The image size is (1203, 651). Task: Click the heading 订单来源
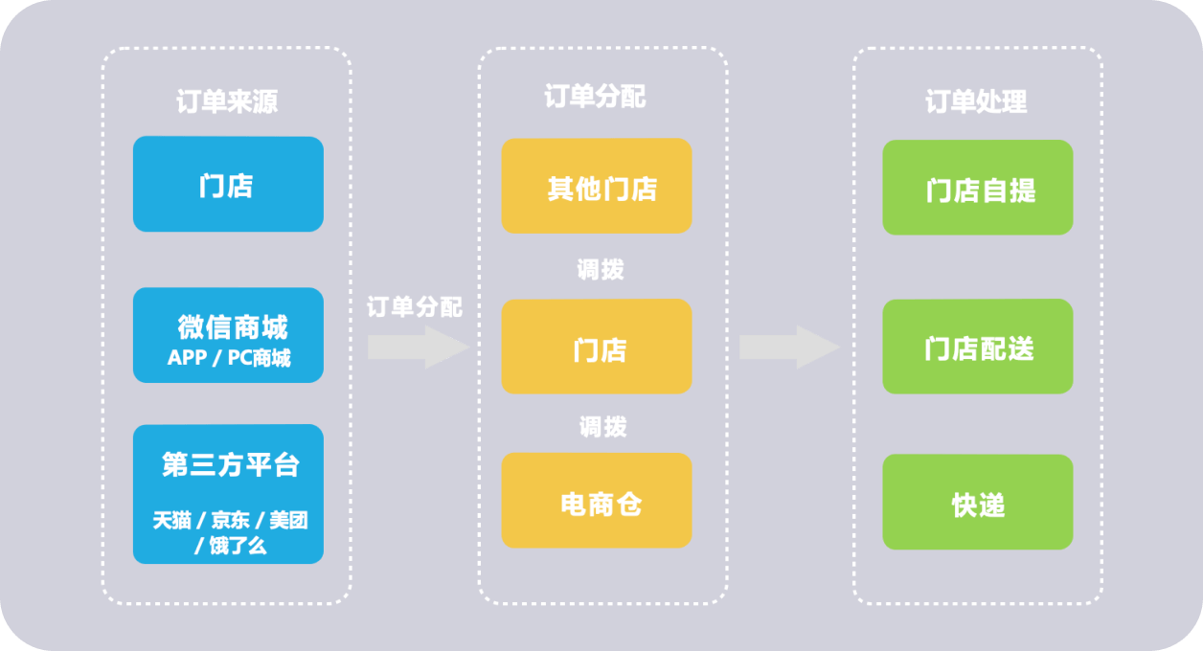tap(227, 101)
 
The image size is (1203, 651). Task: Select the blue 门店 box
tap(227, 184)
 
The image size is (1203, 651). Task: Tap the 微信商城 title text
tap(232, 327)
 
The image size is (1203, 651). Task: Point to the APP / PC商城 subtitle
tap(229, 358)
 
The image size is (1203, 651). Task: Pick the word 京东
tap(230, 521)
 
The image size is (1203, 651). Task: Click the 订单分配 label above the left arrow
tap(415, 307)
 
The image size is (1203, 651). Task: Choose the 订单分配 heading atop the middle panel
tap(595, 98)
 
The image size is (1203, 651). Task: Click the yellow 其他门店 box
tap(596, 186)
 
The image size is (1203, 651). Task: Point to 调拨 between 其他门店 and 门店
tap(601, 269)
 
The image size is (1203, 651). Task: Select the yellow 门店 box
tap(596, 347)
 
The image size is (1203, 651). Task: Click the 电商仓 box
tap(596, 501)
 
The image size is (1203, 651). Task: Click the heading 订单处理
tap(976, 101)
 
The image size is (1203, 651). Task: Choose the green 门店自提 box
tap(977, 188)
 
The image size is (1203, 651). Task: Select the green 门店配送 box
tap(977, 347)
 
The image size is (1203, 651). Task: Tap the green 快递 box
tap(977, 503)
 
